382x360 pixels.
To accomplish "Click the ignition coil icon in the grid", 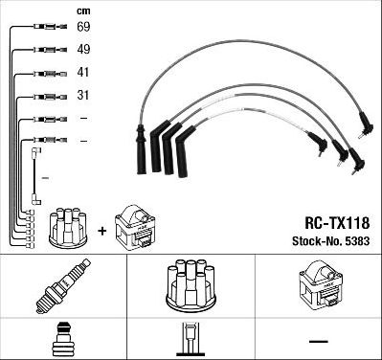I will point(318,285).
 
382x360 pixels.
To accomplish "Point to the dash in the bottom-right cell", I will point(318,340).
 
